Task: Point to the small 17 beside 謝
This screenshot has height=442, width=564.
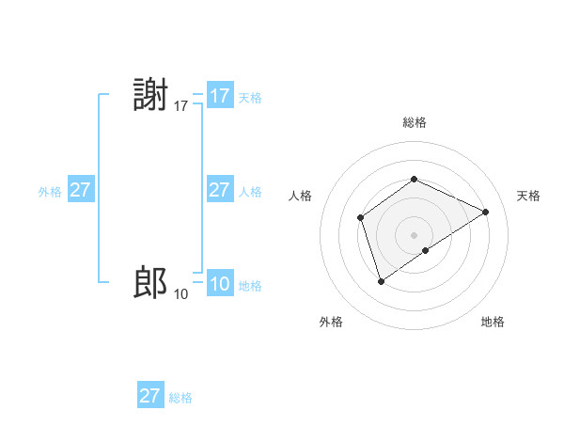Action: coord(181,107)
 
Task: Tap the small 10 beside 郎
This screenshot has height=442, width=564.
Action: coord(181,294)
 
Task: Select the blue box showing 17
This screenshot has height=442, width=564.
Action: coord(220,96)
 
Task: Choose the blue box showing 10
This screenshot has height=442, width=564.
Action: coord(220,284)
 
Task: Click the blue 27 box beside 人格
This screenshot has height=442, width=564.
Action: coord(220,190)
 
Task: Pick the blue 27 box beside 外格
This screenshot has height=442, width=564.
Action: coord(81,190)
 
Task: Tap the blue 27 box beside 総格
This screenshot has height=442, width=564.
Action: coord(150,395)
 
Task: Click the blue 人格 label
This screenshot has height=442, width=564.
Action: coord(250,192)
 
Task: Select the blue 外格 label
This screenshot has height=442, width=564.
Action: coord(50,192)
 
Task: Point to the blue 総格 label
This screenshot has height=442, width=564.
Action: coord(180,398)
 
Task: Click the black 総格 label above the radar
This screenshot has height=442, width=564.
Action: coord(415,122)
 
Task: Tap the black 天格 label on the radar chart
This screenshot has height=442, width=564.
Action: coord(528,196)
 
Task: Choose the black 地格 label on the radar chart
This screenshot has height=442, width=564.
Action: coord(493,323)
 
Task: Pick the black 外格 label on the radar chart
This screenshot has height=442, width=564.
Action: coord(331,323)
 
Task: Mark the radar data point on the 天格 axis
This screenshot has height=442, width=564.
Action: coord(485,213)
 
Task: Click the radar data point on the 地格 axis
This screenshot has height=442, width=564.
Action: coord(426,250)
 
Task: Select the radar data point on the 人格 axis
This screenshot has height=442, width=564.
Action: coord(361,218)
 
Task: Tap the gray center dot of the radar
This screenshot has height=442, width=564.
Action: coord(414,235)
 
